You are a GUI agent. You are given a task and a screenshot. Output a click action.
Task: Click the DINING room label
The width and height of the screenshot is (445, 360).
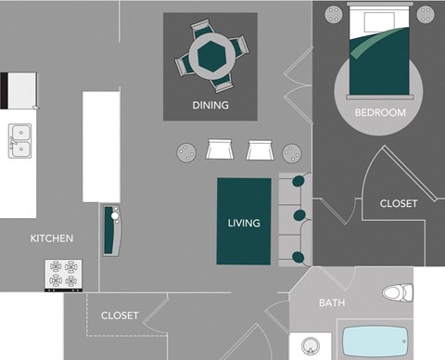point(210,106)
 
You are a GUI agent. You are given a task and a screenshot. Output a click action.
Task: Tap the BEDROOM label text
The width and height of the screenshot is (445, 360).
point(380,112)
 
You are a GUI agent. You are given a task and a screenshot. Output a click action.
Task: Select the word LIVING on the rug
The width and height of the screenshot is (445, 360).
point(244,223)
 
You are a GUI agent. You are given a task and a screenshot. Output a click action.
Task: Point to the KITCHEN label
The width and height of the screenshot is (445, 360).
point(52,238)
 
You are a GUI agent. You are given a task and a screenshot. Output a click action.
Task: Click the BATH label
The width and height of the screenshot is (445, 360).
point(332,303)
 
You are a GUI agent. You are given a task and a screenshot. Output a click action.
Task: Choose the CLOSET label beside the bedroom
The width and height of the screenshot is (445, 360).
point(399,203)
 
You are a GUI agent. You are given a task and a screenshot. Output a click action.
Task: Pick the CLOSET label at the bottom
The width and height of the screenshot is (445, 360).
point(120,315)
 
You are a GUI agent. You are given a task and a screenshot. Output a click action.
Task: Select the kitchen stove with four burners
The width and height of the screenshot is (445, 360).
point(65,275)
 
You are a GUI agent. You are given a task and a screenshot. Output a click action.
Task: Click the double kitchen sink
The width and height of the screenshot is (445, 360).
point(20,142)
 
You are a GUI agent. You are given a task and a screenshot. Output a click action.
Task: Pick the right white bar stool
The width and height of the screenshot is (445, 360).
point(259,149)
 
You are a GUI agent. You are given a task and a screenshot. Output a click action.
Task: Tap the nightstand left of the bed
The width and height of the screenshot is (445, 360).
point(333,16)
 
